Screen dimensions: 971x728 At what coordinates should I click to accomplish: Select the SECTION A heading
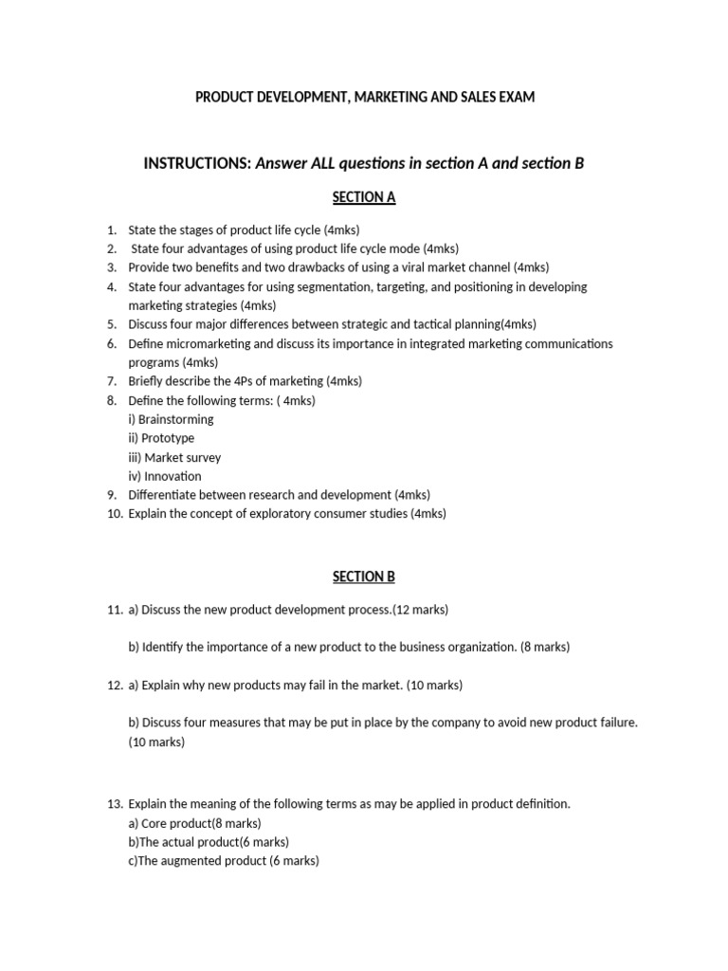(x=363, y=197)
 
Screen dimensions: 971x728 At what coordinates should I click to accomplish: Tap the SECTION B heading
(x=363, y=577)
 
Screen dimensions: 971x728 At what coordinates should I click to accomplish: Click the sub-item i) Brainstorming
(x=171, y=419)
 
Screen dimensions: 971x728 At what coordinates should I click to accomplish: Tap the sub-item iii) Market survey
(x=174, y=457)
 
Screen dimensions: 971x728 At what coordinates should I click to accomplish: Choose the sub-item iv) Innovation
(x=165, y=476)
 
